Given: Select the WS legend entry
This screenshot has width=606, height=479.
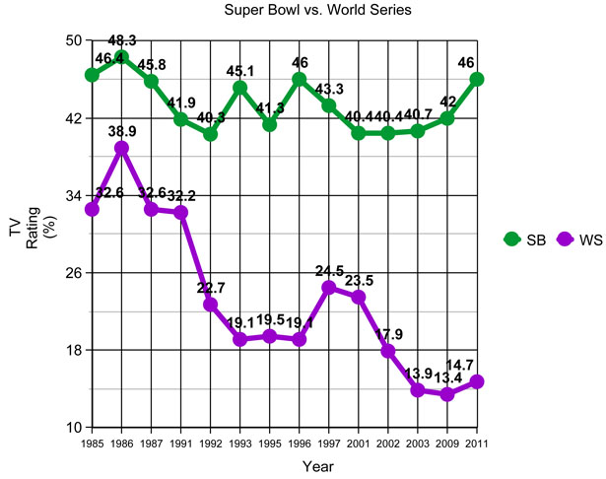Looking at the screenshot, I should click(x=580, y=239).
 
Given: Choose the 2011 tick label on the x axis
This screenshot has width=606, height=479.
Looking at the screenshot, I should click(x=477, y=442).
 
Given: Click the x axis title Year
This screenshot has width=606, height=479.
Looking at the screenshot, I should click(x=317, y=464).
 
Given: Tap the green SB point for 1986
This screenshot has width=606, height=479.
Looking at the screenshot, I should click(x=121, y=57).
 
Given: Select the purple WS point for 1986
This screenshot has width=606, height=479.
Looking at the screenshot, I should click(x=121, y=148).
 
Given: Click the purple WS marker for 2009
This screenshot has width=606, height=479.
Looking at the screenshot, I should click(x=447, y=394).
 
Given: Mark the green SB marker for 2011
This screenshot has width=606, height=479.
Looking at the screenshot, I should click(x=477, y=80).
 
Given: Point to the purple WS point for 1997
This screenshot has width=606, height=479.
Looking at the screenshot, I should click(x=329, y=288).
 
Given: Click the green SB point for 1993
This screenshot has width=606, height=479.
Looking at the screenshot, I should click(x=239, y=88).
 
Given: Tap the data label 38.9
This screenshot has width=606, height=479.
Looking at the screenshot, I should click(x=121, y=131).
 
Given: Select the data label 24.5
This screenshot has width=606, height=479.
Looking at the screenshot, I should click(x=329, y=271).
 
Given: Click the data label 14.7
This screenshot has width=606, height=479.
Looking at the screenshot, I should click(x=477, y=365).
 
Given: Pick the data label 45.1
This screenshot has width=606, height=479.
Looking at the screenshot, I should click(x=239, y=71).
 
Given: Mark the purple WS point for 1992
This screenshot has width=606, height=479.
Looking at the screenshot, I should click(x=210, y=305).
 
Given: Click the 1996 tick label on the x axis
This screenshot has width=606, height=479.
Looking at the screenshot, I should click(x=300, y=442).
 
